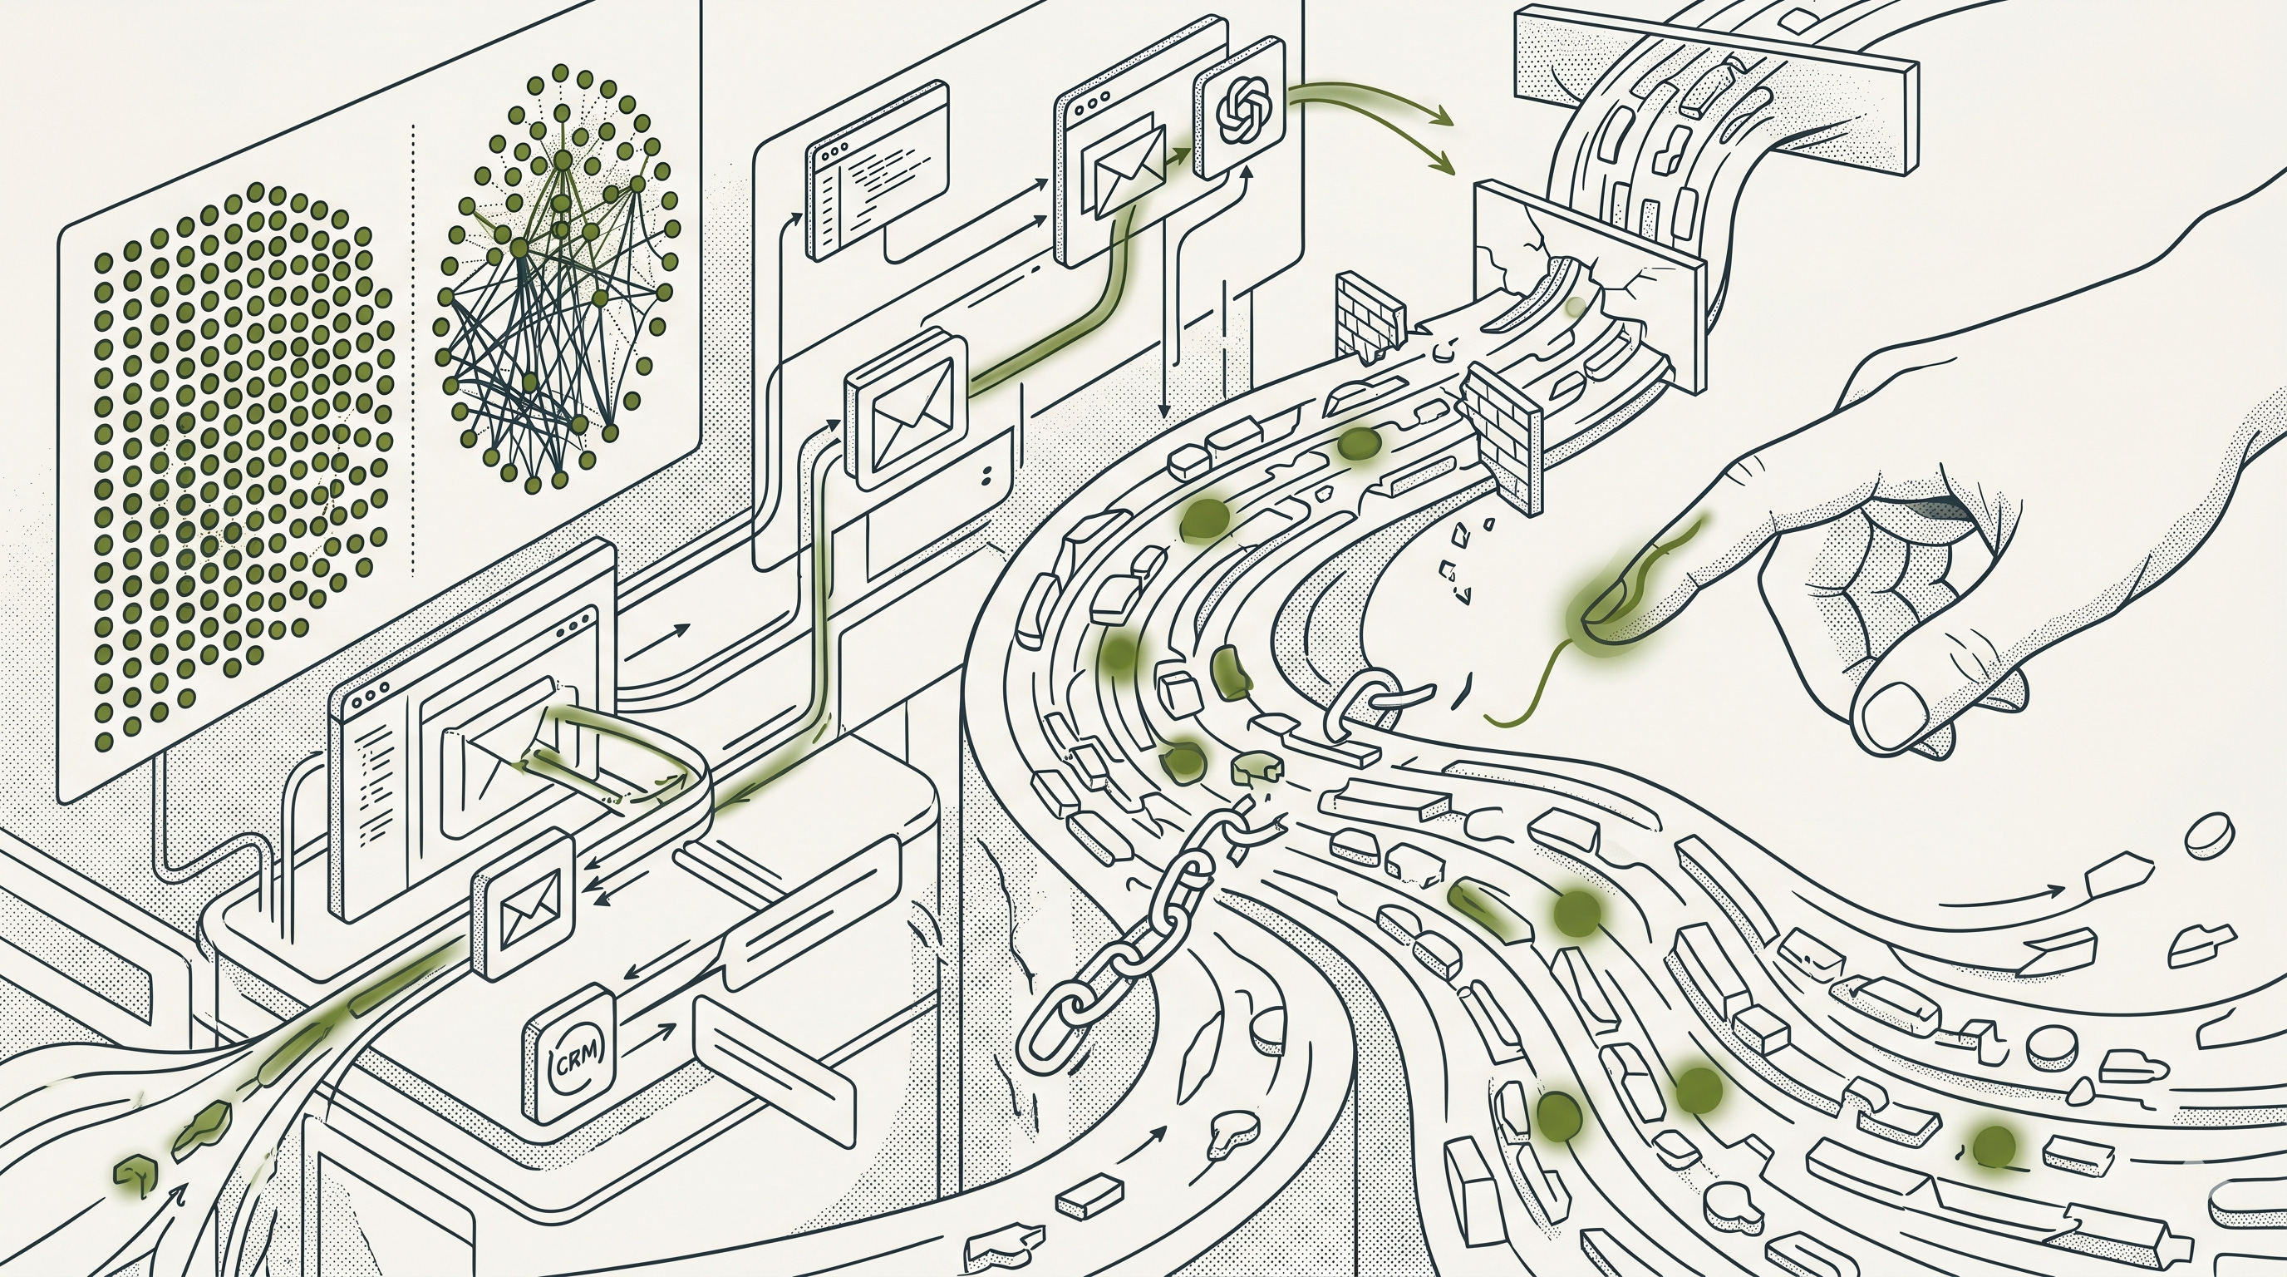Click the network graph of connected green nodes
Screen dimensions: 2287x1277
tap(555, 284)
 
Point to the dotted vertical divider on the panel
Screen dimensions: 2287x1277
tap(414, 347)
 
